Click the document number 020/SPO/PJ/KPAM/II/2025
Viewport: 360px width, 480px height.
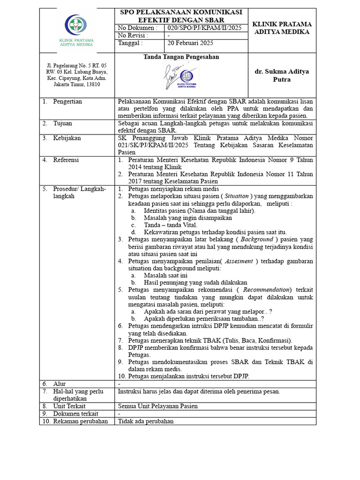[x=204, y=28]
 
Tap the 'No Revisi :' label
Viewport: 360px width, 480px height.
[x=133, y=36]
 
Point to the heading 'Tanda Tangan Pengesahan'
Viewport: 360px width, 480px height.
[x=181, y=57]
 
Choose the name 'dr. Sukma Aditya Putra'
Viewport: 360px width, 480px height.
[x=281, y=75]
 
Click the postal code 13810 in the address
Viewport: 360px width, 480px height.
[x=91, y=84]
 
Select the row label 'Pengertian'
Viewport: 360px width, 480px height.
[x=67, y=101]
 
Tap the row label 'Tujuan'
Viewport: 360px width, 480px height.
[x=64, y=123]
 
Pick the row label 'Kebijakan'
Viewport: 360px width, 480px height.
[x=67, y=138]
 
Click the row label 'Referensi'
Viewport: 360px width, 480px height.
[x=66, y=160]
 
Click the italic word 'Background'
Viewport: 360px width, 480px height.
[x=256, y=239]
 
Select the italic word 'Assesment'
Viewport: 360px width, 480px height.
[x=240, y=261]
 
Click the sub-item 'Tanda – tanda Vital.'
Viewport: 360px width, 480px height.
[x=170, y=225]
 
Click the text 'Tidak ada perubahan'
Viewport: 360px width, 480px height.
[x=146, y=421]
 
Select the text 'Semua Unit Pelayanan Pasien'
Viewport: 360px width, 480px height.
[x=158, y=406]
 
